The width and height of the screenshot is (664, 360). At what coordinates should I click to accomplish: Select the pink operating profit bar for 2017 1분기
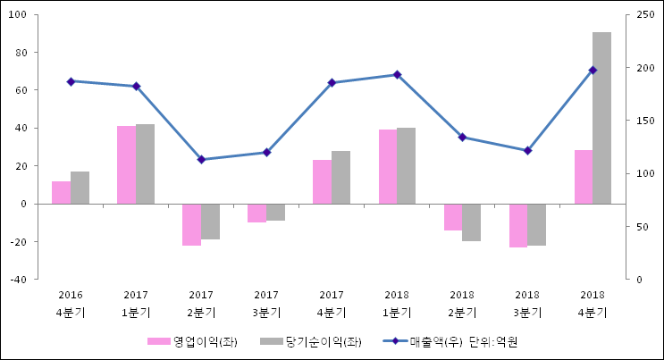click(x=126, y=164)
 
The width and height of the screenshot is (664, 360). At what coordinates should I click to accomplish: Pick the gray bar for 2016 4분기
click(x=80, y=188)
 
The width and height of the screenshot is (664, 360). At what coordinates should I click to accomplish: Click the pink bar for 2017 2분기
click(x=191, y=224)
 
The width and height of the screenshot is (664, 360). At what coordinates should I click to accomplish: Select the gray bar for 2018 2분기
click(x=471, y=222)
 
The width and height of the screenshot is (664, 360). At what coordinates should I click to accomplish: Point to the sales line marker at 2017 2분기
click(x=201, y=160)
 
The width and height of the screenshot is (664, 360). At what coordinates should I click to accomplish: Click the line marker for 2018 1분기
click(x=397, y=75)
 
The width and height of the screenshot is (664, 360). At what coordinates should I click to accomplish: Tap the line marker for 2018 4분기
click(x=593, y=70)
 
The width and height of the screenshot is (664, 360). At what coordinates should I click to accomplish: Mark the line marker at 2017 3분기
click(x=266, y=153)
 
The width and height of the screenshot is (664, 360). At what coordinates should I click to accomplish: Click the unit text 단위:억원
click(x=493, y=342)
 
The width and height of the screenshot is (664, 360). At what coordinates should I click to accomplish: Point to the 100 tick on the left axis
click(x=20, y=14)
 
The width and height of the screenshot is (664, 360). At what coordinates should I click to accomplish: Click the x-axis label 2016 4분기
click(x=71, y=303)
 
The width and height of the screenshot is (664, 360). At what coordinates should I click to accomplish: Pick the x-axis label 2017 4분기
click(x=332, y=303)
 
